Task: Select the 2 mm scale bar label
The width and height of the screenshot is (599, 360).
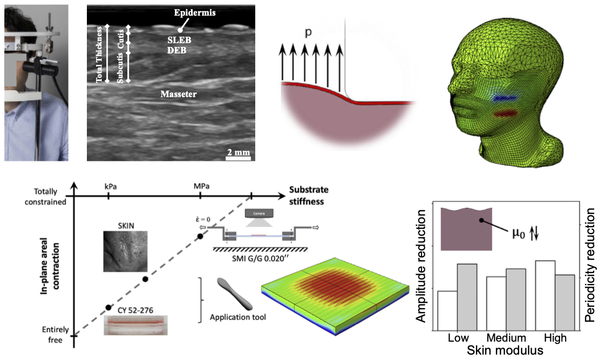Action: tap(238, 153)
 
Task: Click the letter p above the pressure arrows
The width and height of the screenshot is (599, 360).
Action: tap(308, 32)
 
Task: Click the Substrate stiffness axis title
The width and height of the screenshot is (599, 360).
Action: tap(309, 195)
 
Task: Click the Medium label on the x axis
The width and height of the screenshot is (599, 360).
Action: tap(506, 338)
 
